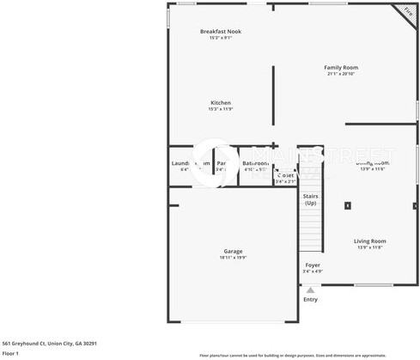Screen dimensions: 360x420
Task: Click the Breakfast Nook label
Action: (221, 32)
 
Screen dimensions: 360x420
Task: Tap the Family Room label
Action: (341, 67)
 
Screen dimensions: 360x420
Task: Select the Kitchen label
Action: (220, 102)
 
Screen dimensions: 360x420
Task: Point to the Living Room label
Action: (370, 241)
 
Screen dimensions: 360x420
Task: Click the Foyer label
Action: (313, 265)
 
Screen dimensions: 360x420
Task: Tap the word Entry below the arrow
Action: (310, 299)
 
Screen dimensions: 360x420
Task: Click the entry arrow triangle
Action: (310, 290)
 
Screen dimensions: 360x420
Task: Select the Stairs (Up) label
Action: (310, 199)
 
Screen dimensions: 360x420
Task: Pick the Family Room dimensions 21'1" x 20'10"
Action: (341, 74)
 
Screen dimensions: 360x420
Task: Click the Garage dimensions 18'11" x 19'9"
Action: (233, 257)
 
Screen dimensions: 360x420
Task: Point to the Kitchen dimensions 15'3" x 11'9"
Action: (220, 109)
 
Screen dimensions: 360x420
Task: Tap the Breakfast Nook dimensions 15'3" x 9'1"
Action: (221, 39)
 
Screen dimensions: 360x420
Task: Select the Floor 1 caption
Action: (10, 353)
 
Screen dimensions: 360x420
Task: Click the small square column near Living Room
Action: (348, 205)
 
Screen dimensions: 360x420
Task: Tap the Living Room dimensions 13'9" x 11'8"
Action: (370, 247)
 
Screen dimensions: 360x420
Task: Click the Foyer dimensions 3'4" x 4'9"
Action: (313, 272)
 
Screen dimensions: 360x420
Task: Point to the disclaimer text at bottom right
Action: (305, 355)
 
